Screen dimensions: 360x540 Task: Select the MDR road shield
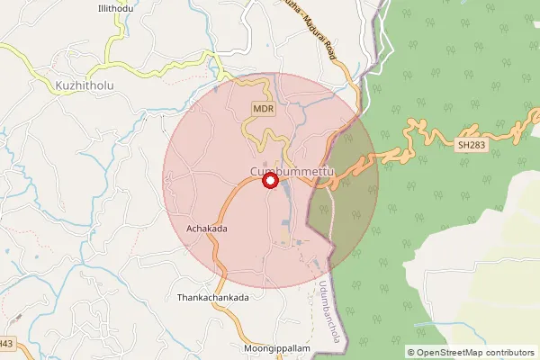pos(263,109)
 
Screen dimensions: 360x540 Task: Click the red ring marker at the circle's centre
pos(269,181)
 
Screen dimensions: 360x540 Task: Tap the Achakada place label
pos(207,229)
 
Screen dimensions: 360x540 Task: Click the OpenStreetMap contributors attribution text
pos(470,352)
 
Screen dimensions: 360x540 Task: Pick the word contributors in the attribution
pos(506,352)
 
